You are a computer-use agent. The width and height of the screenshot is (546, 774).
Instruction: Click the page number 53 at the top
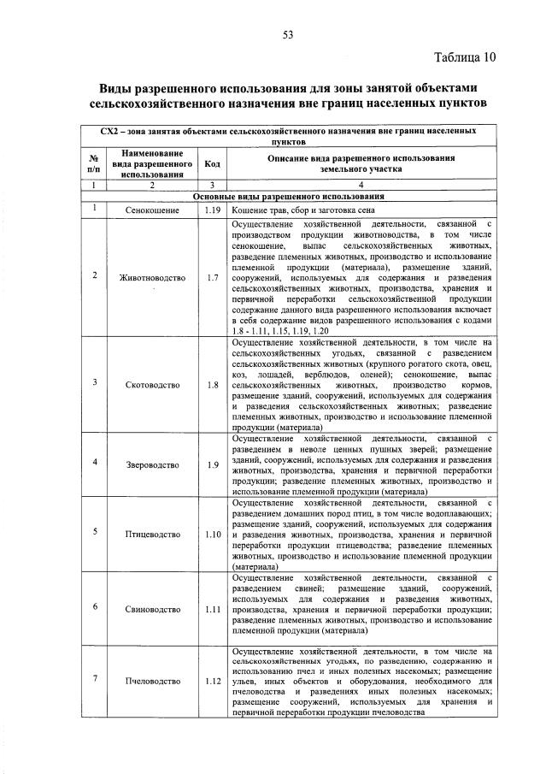click(288, 35)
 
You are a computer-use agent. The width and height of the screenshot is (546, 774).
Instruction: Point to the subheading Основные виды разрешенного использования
click(288, 196)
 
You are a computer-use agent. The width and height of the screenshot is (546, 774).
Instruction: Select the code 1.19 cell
click(213, 210)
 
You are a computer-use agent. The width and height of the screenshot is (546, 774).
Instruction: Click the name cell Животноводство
click(150, 277)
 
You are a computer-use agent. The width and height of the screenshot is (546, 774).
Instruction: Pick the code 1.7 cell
click(213, 277)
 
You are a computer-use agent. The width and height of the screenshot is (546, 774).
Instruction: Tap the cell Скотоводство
click(150, 385)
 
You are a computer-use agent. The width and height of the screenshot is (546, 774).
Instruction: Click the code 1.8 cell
click(213, 385)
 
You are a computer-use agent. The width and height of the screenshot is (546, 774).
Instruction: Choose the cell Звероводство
click(150, 464)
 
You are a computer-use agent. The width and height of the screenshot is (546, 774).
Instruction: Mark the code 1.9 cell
click(213, 464)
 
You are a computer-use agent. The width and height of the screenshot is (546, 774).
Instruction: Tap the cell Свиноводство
click(150, 609)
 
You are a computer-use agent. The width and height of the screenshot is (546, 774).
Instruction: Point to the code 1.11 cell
click(213, 609)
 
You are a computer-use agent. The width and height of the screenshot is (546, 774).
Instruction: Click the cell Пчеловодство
click(150, 681)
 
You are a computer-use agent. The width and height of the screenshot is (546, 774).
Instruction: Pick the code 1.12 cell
click(213, 681)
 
